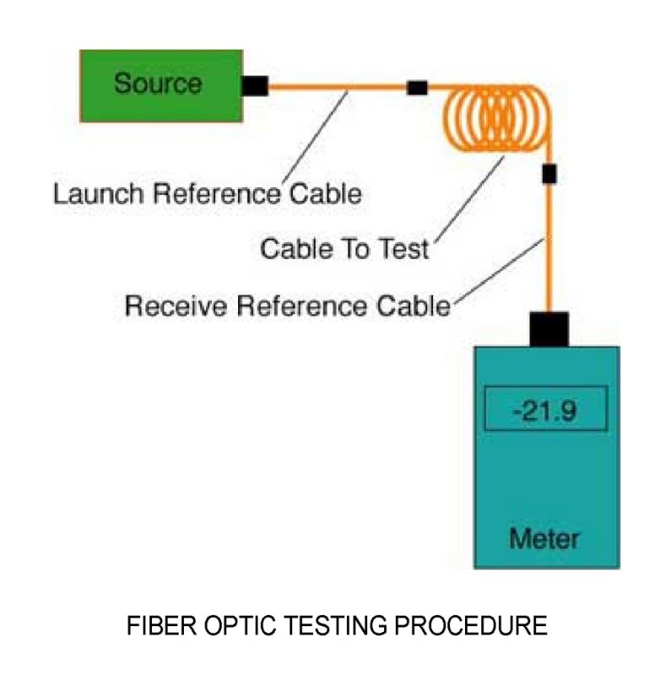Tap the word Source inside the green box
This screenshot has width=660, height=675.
point(158,84)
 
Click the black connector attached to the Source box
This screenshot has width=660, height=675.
point(253,85)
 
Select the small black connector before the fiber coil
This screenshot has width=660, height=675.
point(417,87)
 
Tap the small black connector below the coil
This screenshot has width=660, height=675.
point(549,175)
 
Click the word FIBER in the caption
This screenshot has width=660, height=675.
point(154,627)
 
